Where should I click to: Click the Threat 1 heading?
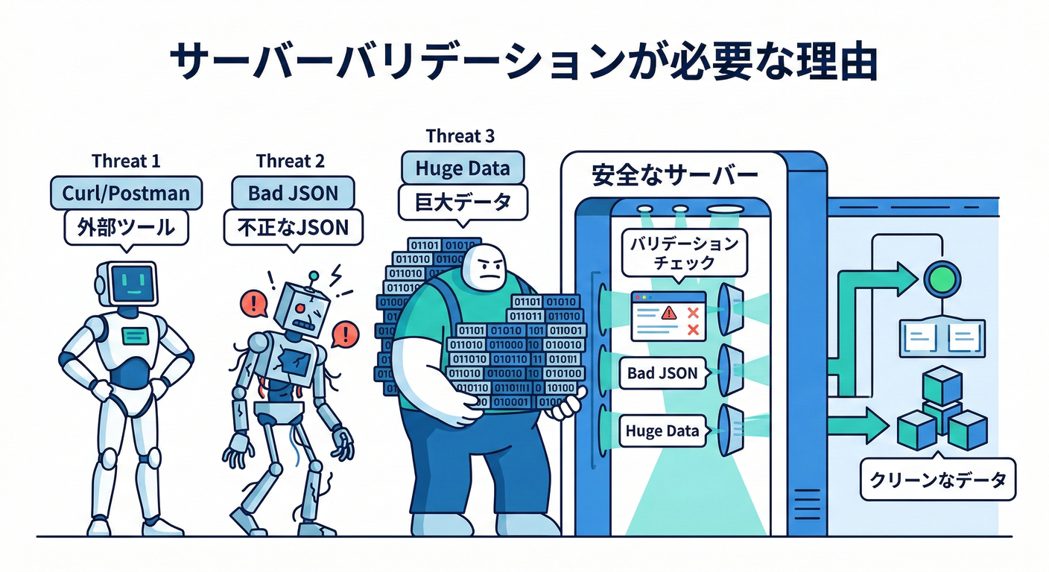pyautogui.click(x=126, y=161)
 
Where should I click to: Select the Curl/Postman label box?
pyautogui.click(x=126, y=194)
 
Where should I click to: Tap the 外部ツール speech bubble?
pyautogui.click(x=126, y=227)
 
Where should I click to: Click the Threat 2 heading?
pyautogui.click(x=290, y=161)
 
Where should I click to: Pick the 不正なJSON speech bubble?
pyautogui.click(x=293, y=227)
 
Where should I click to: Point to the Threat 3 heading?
pyautogui.click(x=460, y=136)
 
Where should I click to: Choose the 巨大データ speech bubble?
pyautogui.click(x=463, y=202)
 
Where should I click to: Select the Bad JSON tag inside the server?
pyautogui.click(x=662, y=373)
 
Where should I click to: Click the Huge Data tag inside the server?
pyautogui.click(x=662, y=431)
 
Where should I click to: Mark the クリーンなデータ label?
pyautogui.click(x=937, y=480)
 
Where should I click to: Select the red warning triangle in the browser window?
pyautogui.click(x=668, y=313)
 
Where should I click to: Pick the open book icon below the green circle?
pyautogui.click(x=941, y=339)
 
